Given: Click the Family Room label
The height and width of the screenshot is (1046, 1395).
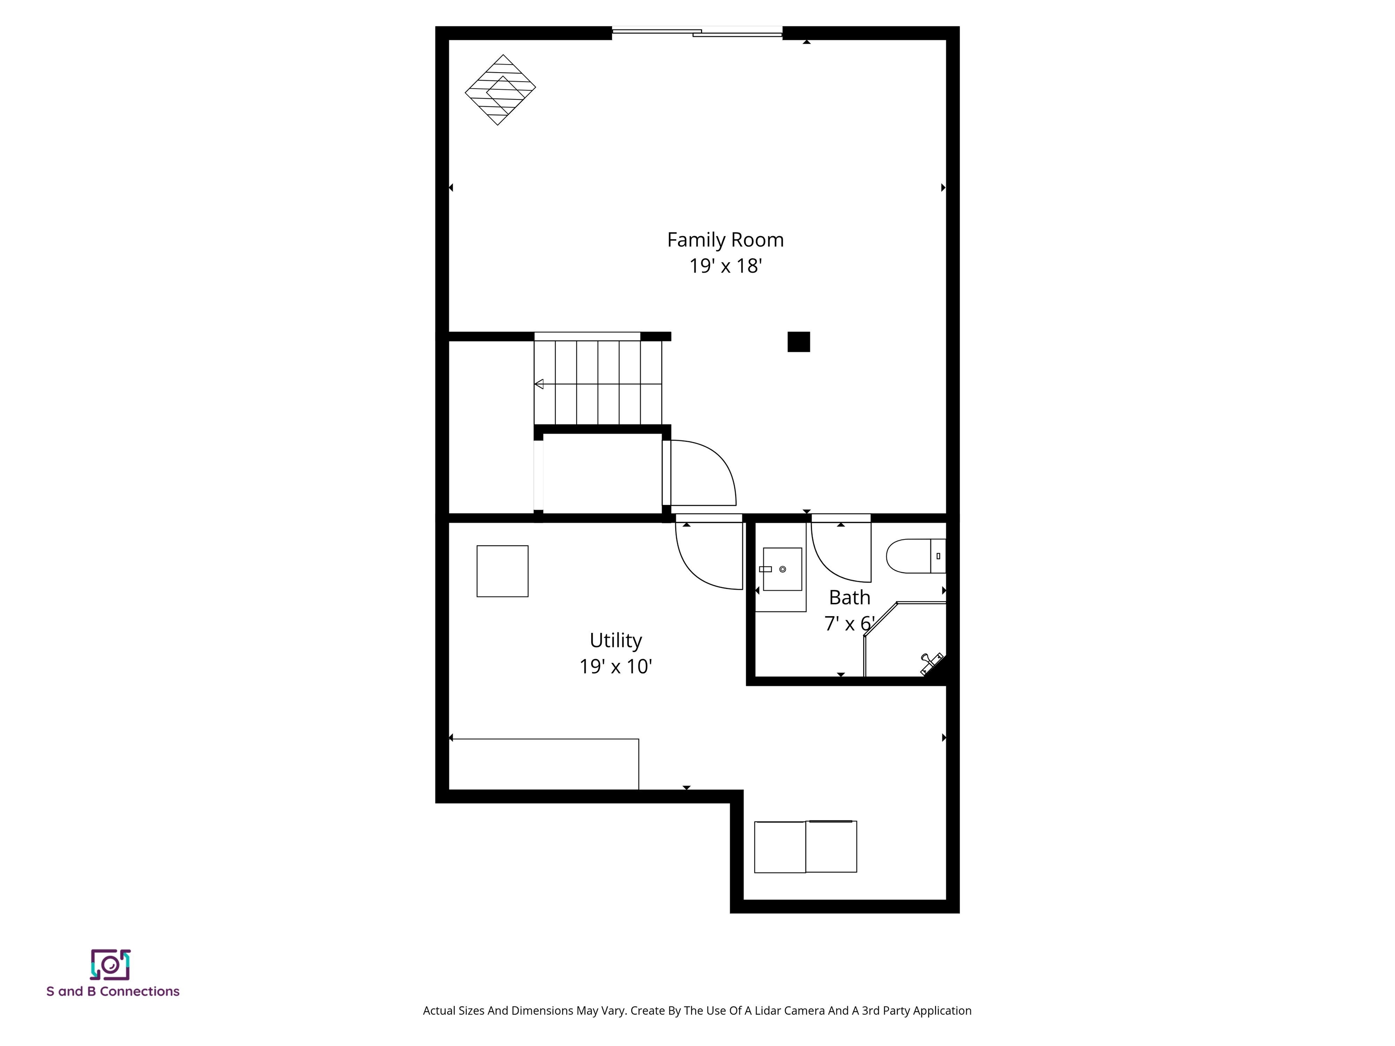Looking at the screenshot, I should [725, 240].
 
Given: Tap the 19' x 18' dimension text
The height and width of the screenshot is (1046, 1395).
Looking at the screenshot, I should [725, 266].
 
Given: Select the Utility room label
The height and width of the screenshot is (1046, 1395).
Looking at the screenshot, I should [615, 640].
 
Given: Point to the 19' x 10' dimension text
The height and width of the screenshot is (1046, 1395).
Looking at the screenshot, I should [615, 666].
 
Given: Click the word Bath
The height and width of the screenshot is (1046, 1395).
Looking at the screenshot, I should [849, 597].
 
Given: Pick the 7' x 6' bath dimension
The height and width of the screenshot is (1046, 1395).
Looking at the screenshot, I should [849, 624].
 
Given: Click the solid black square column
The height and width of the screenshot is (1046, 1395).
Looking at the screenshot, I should [798, 342].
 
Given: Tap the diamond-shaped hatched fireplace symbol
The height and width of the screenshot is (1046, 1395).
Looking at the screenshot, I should [500, 89].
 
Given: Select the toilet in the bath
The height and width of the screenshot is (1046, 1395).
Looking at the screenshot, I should [915, 556].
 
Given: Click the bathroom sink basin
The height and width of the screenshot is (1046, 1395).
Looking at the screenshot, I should [782, 569].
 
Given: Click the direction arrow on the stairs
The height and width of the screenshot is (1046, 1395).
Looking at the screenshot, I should [539, 384].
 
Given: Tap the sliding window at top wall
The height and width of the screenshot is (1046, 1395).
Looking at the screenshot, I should [697, 31].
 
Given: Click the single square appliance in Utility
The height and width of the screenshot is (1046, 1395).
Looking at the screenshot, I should [502, 571].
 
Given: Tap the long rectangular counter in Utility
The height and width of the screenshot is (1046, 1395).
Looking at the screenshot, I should [544, 764].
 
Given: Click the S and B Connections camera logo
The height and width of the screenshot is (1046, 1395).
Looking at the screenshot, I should [110, 965].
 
